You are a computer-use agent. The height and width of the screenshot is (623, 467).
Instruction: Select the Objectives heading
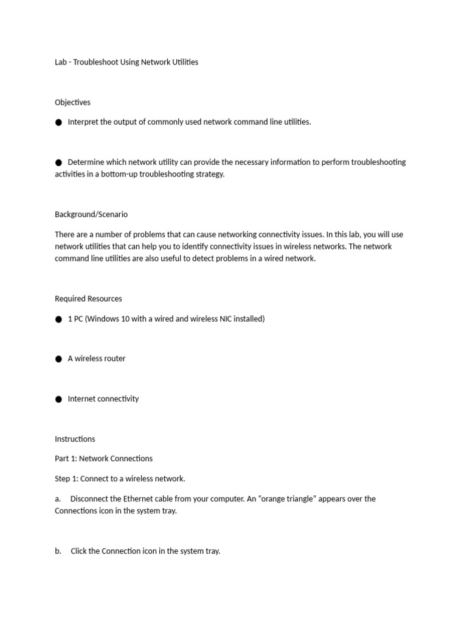72,102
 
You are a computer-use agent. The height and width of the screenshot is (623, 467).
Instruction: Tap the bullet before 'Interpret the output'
58,122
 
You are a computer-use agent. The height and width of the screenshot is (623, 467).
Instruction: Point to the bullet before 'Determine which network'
58,162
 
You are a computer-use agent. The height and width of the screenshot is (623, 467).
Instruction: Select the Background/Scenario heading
91,214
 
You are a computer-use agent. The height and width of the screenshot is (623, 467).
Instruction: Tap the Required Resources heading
88,299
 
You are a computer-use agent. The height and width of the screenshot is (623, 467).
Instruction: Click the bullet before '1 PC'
58,319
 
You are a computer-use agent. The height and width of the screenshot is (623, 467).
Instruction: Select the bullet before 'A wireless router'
58,359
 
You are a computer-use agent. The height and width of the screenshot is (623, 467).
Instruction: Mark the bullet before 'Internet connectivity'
58,399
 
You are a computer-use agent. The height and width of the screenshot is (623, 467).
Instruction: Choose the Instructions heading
75,439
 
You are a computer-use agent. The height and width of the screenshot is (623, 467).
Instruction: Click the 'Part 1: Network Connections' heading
103,459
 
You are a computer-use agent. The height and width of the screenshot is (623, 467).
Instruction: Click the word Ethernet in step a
140,499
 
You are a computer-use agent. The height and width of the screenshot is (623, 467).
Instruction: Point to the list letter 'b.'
58,551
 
